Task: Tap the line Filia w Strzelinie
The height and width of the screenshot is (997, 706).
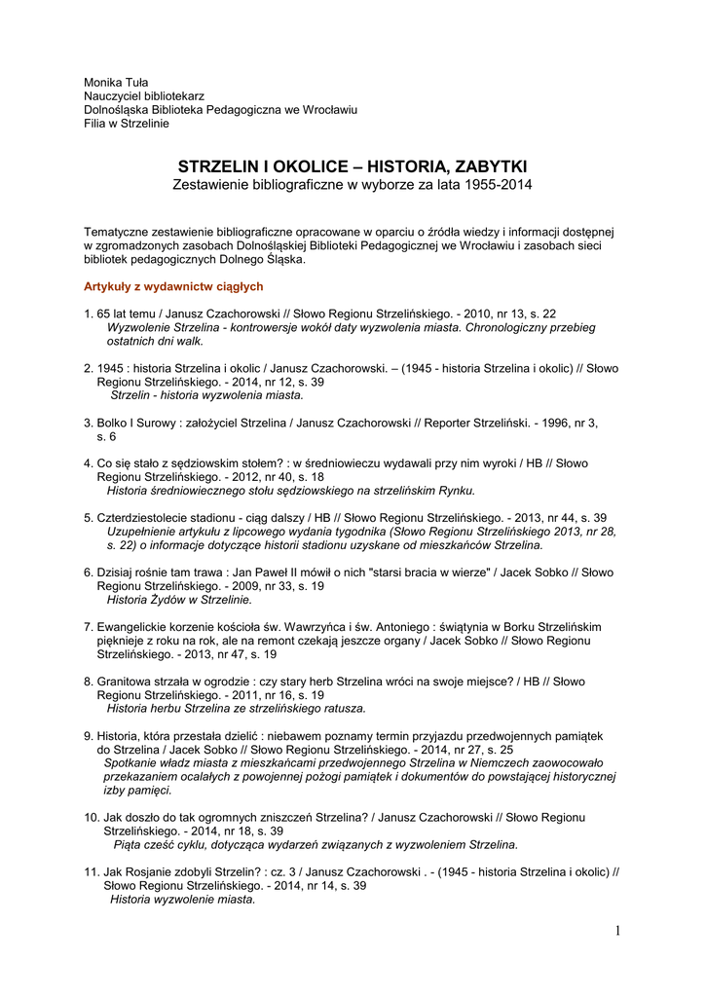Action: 127,124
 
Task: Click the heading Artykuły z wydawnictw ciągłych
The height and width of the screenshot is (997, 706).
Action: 173,286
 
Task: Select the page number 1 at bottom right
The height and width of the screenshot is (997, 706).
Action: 617,931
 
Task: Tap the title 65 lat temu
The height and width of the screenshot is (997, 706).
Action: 127,314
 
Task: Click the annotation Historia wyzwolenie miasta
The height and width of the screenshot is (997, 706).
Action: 182,900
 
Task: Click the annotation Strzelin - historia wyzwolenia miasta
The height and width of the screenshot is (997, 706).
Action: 206,395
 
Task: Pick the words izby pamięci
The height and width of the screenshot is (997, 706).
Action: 137,791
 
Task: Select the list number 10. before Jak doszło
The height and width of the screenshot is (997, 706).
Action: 93,817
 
